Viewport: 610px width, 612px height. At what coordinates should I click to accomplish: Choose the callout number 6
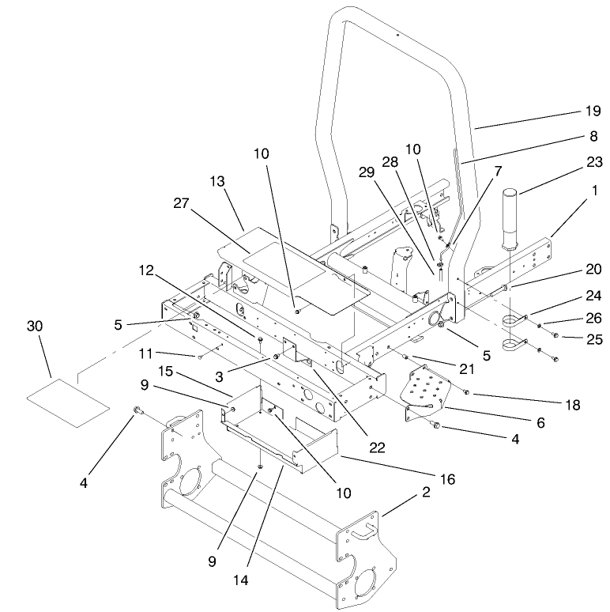(x=540, y=423)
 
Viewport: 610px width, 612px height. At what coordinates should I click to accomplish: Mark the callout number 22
(x=377, y=447)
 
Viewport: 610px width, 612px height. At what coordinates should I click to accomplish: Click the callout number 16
(x=448, y=479)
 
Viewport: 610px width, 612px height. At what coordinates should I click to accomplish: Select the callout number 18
(x=572, y=405)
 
